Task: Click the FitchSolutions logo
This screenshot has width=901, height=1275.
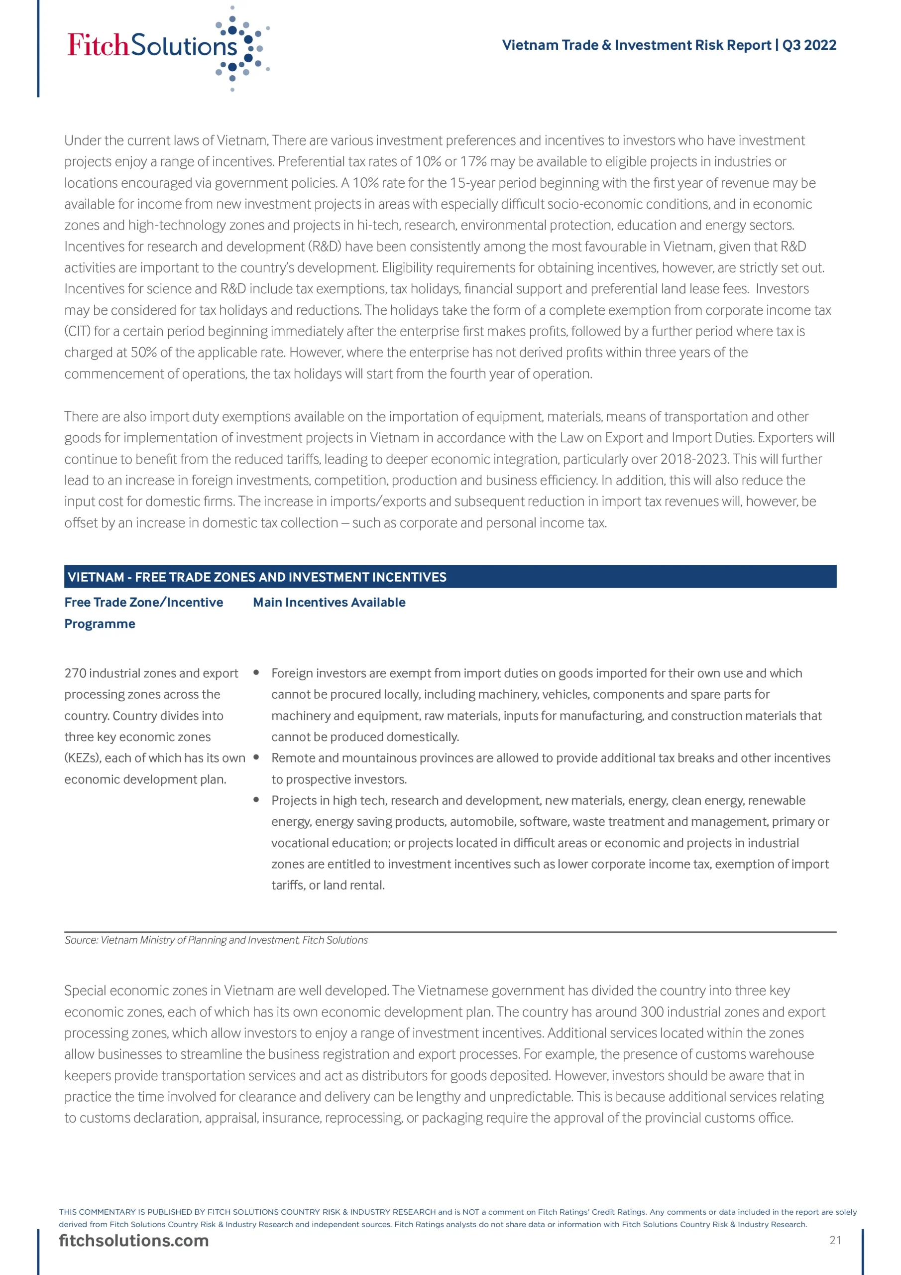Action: pos(167,47)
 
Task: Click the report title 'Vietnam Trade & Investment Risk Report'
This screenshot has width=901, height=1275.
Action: pos(636,45)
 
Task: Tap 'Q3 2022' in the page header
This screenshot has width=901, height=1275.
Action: pos(809,45)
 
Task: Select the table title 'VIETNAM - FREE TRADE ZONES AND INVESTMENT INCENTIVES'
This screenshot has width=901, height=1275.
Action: pos(256,577)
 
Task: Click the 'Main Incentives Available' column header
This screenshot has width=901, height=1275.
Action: pos(329,603)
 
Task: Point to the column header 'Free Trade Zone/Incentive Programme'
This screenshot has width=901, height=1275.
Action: pos(143,613)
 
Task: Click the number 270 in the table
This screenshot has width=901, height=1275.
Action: pos(75,673)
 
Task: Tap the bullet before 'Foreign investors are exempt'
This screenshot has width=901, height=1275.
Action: pos(256,672)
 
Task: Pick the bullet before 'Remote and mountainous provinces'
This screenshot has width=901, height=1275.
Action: pos(256,758)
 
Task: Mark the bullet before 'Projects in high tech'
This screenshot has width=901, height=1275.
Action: pos(256,800)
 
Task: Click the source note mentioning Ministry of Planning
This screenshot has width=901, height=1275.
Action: pos(216,940)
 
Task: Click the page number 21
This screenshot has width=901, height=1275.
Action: pos(835,1241)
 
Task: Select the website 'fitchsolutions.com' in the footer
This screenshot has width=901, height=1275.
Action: pos(134,1241)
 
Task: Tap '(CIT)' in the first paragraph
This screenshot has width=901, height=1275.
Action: pos(77,332)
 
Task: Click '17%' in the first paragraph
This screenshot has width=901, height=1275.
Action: pos(473,161)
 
